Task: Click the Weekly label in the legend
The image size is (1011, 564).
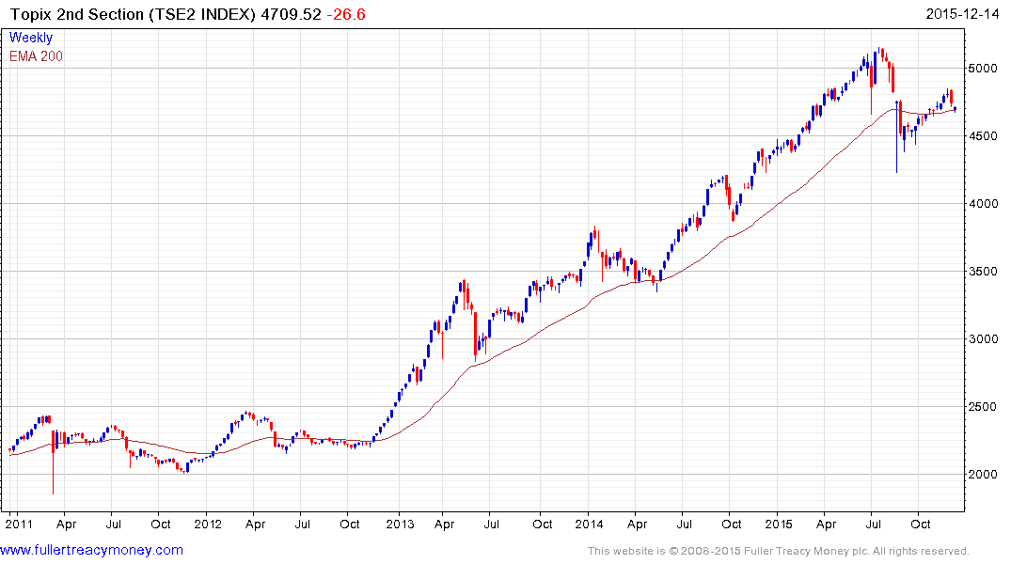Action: coord(30,39)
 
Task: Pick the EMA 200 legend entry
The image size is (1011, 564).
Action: coord(36,56)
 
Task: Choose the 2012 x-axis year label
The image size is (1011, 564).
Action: coord(207,524)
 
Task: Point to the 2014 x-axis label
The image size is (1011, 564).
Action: coord(589,524)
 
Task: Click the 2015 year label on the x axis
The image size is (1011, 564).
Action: coord(779,524)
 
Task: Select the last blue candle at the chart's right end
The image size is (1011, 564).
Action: coord(956,109)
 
